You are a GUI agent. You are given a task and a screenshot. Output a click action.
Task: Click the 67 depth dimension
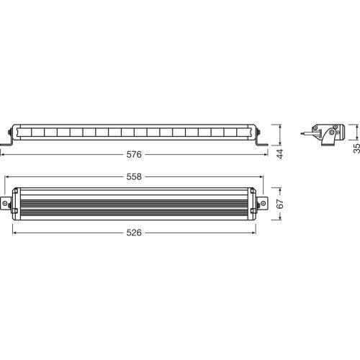[279, 204]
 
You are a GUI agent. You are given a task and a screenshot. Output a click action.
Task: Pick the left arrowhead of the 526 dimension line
[14, 233]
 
